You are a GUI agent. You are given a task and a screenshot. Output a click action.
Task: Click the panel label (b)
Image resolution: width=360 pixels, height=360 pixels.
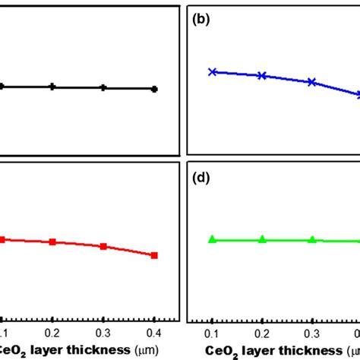(x=201, y=20)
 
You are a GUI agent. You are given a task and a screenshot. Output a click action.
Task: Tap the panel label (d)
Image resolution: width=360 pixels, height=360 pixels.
(x=201, y=178)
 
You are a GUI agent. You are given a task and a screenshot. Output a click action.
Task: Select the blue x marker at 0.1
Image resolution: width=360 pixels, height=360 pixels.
(x=213, y=72)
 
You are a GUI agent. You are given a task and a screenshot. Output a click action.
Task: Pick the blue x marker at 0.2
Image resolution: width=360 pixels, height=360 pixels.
(x=262, y=76)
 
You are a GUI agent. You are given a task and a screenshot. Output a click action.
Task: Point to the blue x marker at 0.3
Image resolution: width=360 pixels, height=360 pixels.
(x=311, y=82)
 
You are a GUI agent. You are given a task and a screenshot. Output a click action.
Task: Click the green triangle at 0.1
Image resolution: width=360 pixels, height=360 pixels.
(x=213, y=239)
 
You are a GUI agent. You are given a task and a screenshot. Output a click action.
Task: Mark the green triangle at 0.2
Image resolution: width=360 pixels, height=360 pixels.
(x=262, y=239)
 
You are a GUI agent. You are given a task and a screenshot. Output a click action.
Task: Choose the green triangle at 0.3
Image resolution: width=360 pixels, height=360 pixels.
(x=311, y=239)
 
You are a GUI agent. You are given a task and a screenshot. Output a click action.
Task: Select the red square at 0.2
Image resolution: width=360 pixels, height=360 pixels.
(x=52, y=242)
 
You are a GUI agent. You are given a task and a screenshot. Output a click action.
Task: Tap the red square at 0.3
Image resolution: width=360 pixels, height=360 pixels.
(x=103, y=247)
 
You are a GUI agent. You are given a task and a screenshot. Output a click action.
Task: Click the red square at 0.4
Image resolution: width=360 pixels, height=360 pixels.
(x=154, y=255)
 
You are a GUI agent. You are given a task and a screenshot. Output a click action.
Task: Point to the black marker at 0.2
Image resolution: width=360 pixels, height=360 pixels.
(x=52, y=87)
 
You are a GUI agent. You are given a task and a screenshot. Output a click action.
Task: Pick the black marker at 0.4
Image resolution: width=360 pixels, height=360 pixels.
(x=154, y=89)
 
